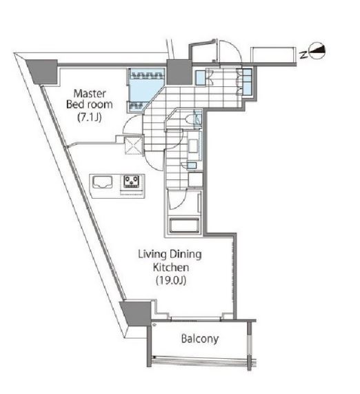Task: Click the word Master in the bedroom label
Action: [x=90, y=93]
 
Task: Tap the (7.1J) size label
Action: [x=90, y=117]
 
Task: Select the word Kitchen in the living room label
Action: [x=171, y=267]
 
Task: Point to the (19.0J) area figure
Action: [x=171, y=280]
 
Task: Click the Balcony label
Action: [x=200, y=339]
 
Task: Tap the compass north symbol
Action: [x=317, y=51]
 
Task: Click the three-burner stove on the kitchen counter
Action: [x=132, y=181]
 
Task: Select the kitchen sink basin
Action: [x=102, y=182]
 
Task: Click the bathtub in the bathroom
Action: [x=185, y=225]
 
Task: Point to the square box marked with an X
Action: [x=134, y=145]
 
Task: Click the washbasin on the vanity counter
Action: [x=193, y=146]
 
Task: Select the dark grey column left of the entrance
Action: [x=179, y=72]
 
